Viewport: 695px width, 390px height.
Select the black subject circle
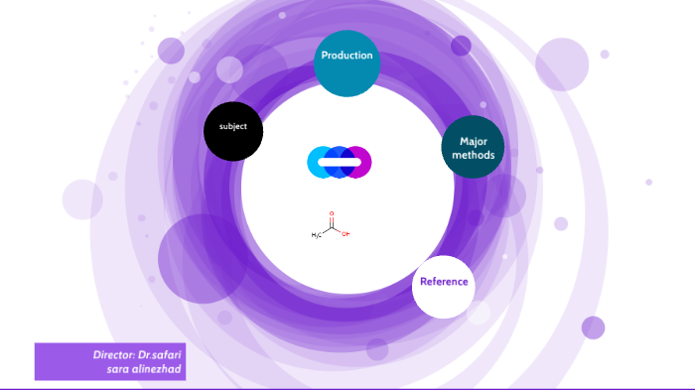click(x=233, y=132)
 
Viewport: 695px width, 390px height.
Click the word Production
click(x=347, y=56)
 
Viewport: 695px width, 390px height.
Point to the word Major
click(x=473, y=141)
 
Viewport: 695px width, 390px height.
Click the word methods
click(x=473, y=156)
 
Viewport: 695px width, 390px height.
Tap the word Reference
click(x=443, y=282)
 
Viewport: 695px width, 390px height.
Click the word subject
click(x=233, y=127)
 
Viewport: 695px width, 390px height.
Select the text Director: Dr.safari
click(x=138, y=354)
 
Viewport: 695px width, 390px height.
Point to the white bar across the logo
click(x=339, y=162)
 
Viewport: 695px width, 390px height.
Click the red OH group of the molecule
click(x=345, y=235)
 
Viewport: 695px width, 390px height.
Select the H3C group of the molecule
click(x=317, y=235)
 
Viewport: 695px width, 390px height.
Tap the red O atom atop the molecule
click(x=331, y=212)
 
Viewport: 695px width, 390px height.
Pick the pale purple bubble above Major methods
click(x=562, y=64)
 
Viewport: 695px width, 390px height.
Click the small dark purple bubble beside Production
click(x=461, y=46)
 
